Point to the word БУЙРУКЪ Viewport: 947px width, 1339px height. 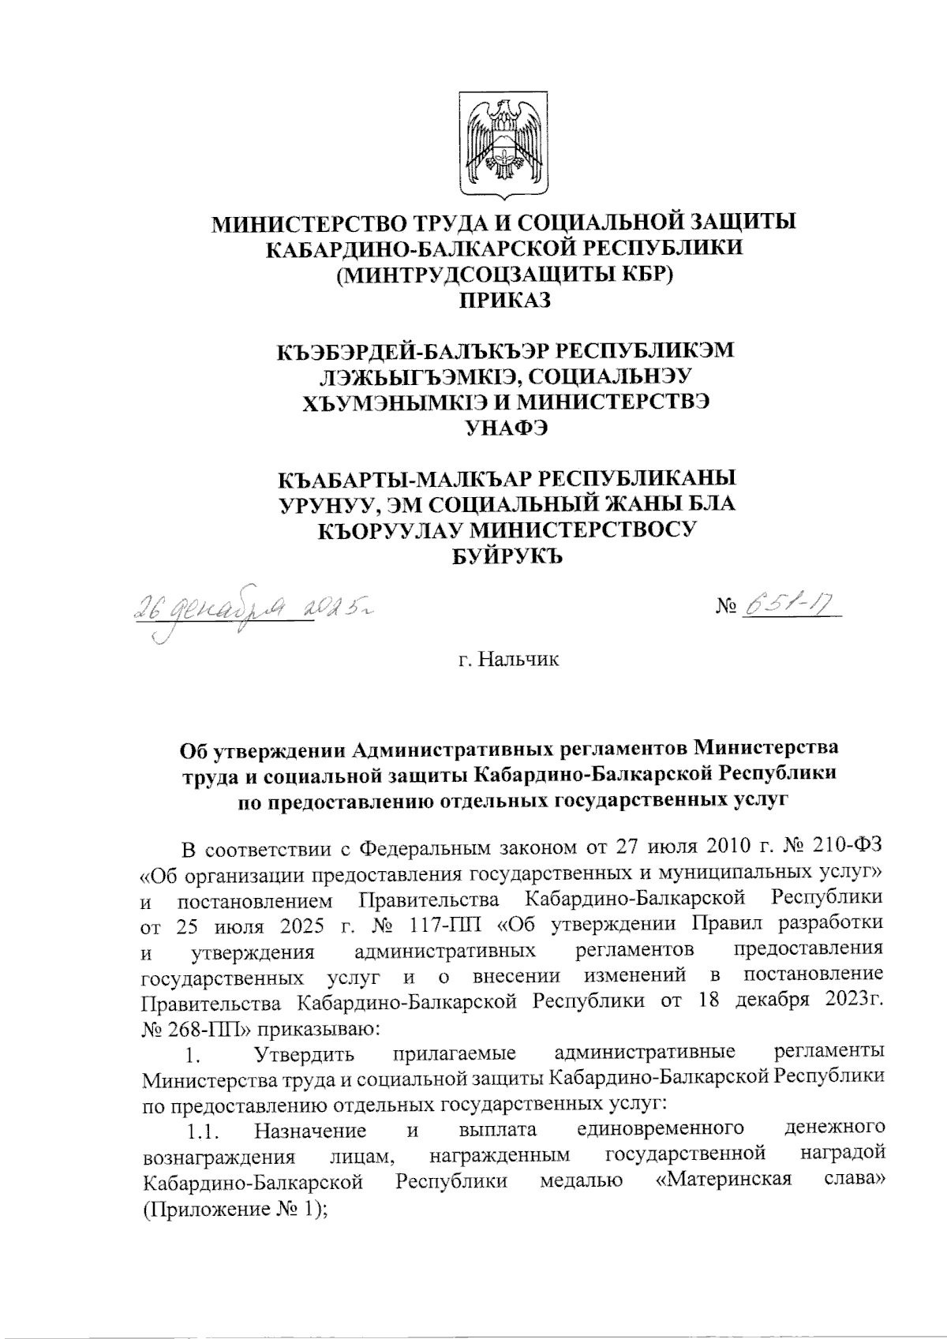point(505,557)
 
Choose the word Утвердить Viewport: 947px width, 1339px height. point(301,1053)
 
